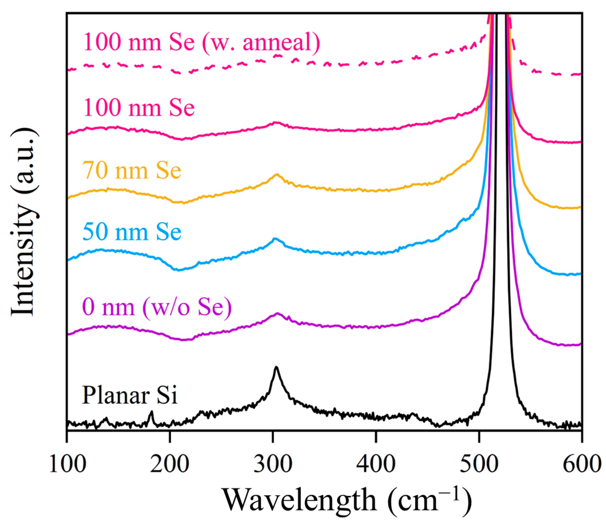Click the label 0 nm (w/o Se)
pyautogui.click(x=157, y=307)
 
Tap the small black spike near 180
pyautogui.click(x=151, y=412)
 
